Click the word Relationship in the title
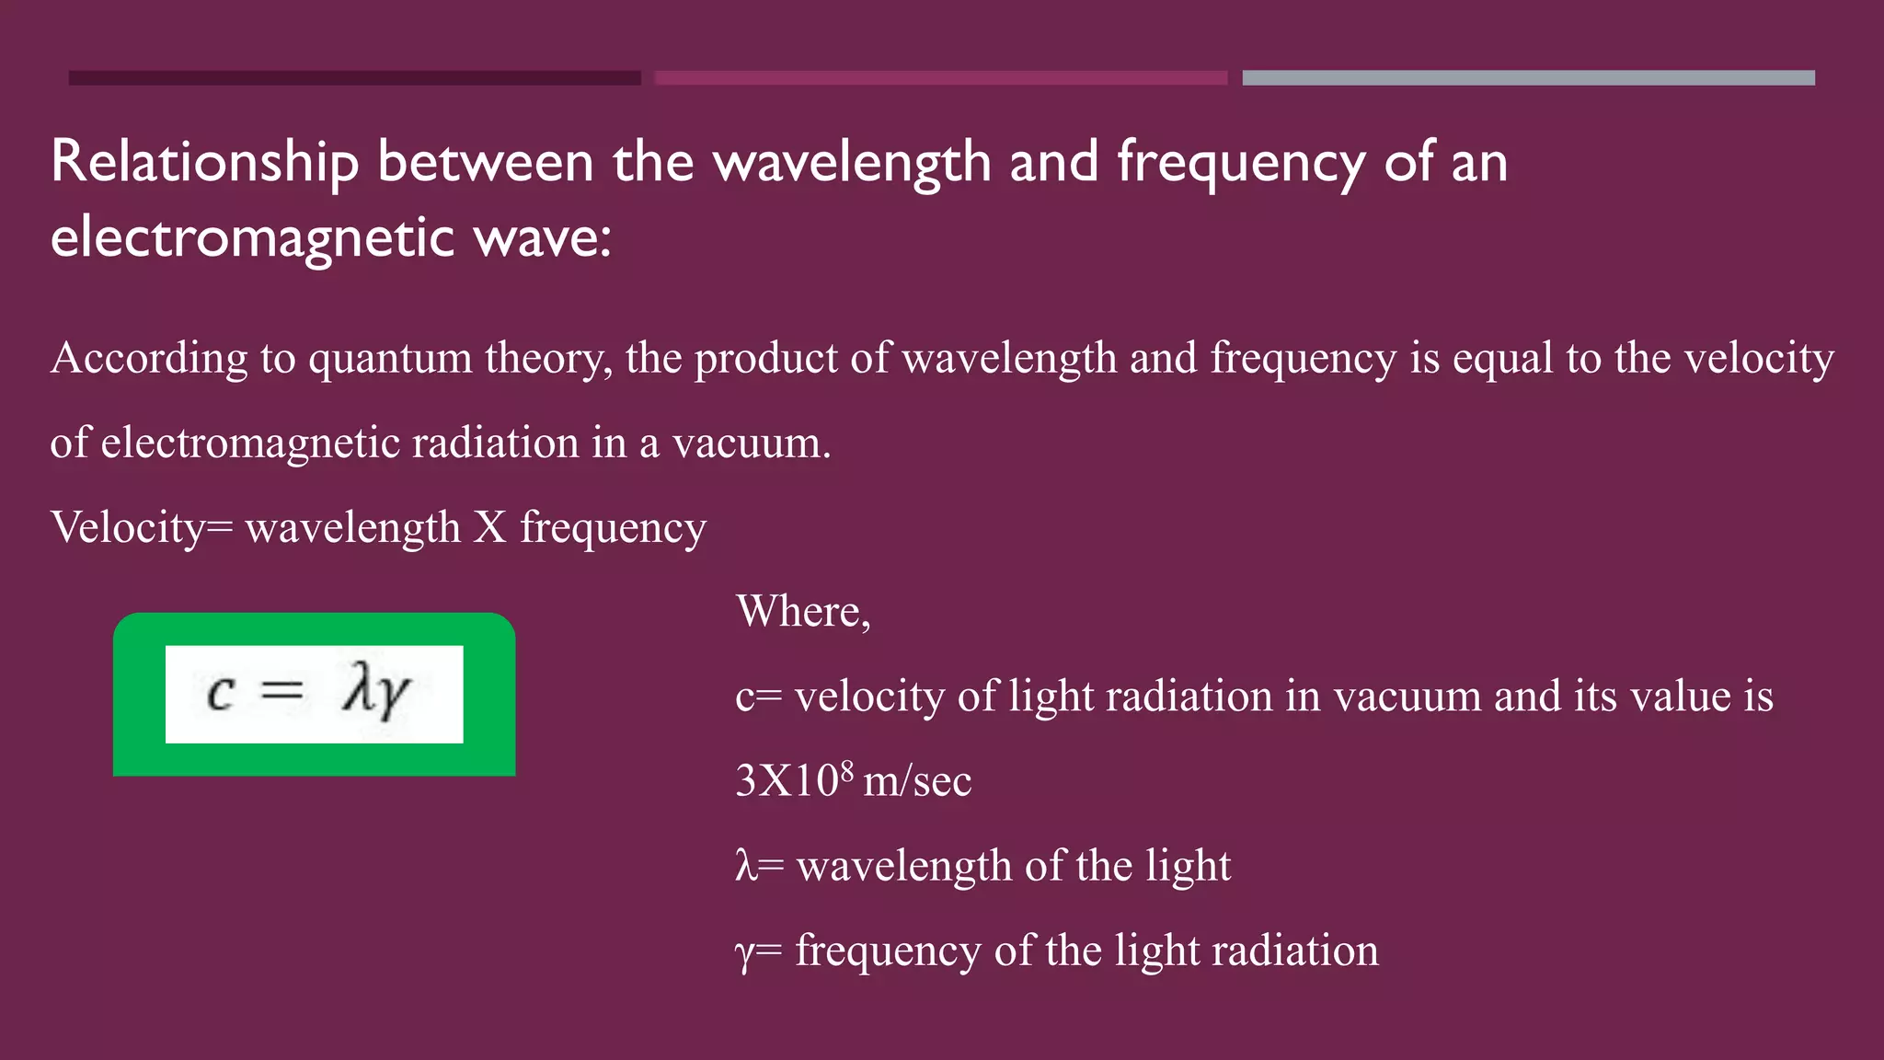(204, 163)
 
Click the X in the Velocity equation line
(490, 528)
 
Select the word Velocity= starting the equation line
(142, 528)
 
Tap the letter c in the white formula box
(221, 693)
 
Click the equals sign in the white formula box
(281, 691)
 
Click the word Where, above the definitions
(803, 611)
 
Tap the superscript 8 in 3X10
(846, 769)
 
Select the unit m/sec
(917, 782)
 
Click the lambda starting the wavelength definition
(745, 866)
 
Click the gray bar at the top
(1528, 78)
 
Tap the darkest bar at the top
(354, 78)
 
